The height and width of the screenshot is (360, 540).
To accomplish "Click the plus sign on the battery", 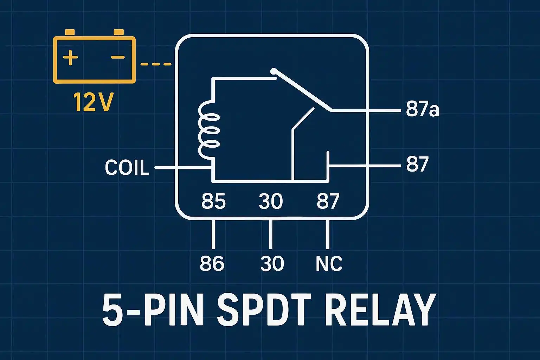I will point(70,58).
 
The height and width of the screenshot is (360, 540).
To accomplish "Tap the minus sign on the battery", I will point(118,58).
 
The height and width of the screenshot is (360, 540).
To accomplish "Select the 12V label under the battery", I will point(93,102).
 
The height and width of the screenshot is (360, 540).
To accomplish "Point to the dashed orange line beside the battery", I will point(156,64).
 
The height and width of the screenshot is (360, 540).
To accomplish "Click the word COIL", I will point(127,168).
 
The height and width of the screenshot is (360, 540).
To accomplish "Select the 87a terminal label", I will point(422,110).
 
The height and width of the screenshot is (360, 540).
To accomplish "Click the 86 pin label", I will point(212,263).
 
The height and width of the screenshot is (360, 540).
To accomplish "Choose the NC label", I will point(329,263).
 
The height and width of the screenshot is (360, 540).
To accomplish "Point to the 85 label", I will point(213,201).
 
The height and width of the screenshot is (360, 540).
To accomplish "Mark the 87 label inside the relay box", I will point(328,201).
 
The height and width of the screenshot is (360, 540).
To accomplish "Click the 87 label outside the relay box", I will point(417,164).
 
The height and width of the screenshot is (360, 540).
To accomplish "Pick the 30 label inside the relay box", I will point(270,201).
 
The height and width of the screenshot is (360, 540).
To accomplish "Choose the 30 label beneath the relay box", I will point(272,263).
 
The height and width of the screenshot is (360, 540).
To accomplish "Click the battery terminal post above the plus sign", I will point(70,32).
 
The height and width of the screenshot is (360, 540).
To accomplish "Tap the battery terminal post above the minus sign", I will point(119,32).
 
